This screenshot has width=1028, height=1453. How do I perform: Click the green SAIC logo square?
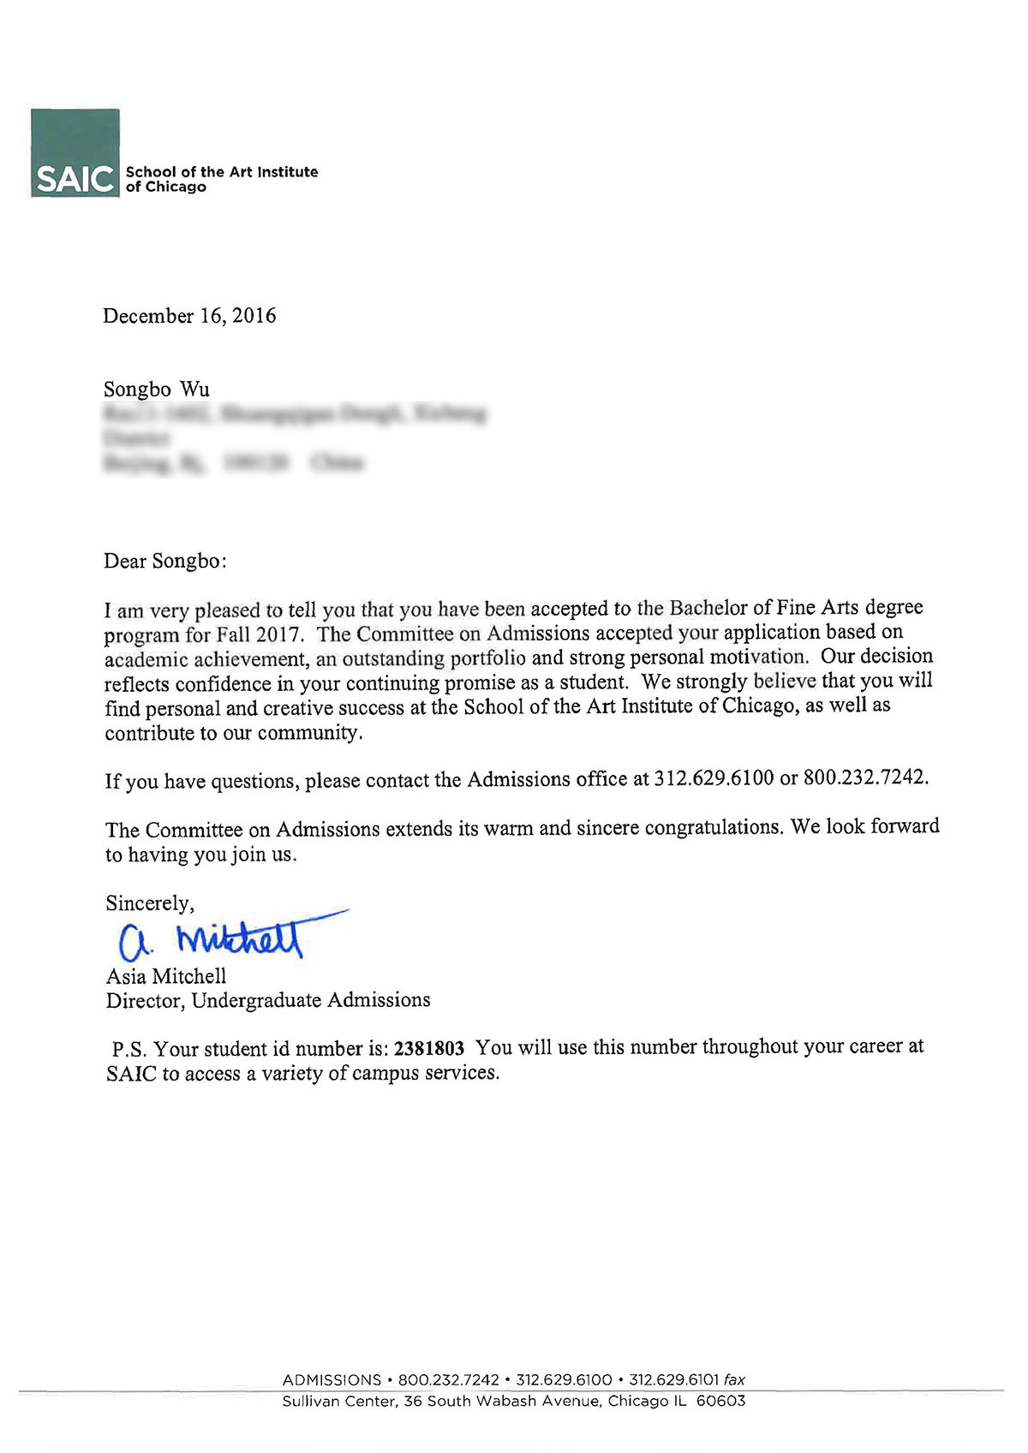point(75,152)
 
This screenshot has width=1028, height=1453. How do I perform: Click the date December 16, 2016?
point(189,316)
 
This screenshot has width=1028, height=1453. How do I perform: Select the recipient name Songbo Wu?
point(157,390)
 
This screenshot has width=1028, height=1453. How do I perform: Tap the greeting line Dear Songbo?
point(165,562)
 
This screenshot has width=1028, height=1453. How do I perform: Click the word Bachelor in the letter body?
point(709,608)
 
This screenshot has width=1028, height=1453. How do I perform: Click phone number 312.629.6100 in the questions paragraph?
point(714,778)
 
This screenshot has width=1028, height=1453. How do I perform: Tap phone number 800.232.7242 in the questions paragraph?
point(864,777)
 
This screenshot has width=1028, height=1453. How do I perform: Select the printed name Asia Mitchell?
point(166,976)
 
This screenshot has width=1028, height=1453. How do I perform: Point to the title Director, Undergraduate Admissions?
point(268,1000)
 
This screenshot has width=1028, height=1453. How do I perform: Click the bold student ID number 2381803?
point(428,1048)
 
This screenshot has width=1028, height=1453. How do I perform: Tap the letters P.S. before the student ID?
point(129,1049)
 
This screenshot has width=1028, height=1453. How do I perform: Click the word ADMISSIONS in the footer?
point(332,1379)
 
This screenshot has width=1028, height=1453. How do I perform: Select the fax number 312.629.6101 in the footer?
point(674,1379)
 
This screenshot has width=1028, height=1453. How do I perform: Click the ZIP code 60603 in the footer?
point(720,1402)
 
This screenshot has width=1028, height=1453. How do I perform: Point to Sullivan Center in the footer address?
point(339,1402)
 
